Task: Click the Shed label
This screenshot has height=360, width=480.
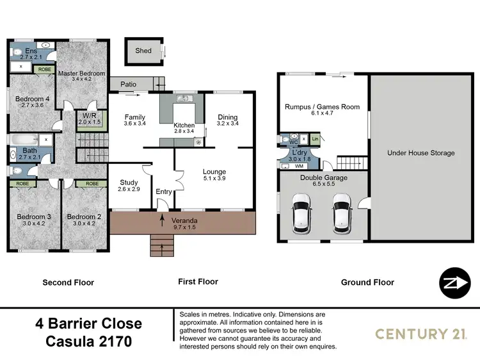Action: pyautogui.click(x=143, y=51)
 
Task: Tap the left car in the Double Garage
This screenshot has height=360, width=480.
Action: pyautogui.click(x=300, y=213)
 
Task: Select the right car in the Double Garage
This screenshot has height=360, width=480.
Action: pyautogui.click(x=341, y=213)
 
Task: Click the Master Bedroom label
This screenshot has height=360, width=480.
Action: pyautogui.click(x=81, y=74)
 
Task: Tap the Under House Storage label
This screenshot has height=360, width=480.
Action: pyautogui.click(x=421, y=153)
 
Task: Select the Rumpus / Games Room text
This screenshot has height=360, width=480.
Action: pyautogui.click(x=322, y=107)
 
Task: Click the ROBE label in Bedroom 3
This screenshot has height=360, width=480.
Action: pyautogui.click(x=22, y=183)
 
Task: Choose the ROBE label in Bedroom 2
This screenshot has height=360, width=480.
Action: pyautogui.click(x=92, y=183)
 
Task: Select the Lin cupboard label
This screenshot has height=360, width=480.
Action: pyautogui.click(x=314, y=139)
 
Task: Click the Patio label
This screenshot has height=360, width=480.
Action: pyautogui.click(x=129, y=84)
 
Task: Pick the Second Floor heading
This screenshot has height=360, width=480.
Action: pyautogui.click(x=68, y=282)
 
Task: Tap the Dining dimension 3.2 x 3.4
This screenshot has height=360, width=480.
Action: pyautogui.click(x=227, y=124)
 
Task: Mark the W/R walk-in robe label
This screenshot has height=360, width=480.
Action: pyautogui.click(x=85, y=116)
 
